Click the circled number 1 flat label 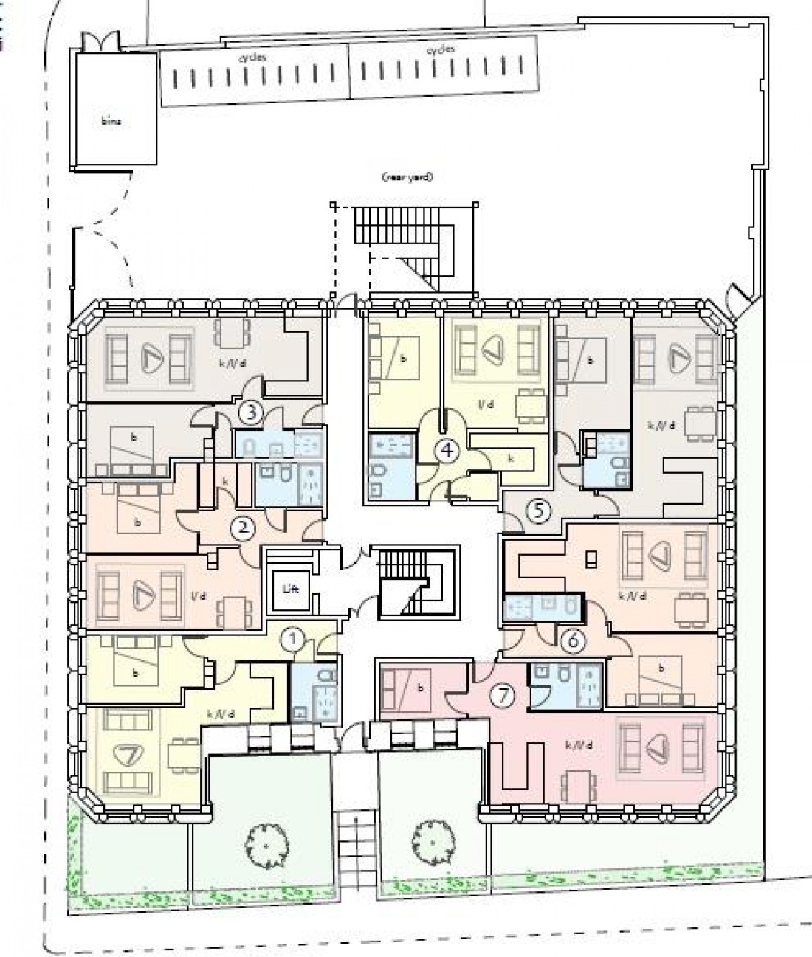pyautogui.click(x=294, y=639)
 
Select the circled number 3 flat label pyautogui.click(x=251, y=412)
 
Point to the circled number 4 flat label pyautogui.click(x=445, y=449)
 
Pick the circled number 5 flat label pyautogui.click(x=538, y=510)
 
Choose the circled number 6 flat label pyautogui.click(x=572, y=640)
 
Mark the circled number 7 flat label pyautogui.click(x=503, y=695)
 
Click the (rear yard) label pyautogui.click(x=406, y=177)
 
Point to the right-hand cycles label pyautogui.click(x=441, y=50)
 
